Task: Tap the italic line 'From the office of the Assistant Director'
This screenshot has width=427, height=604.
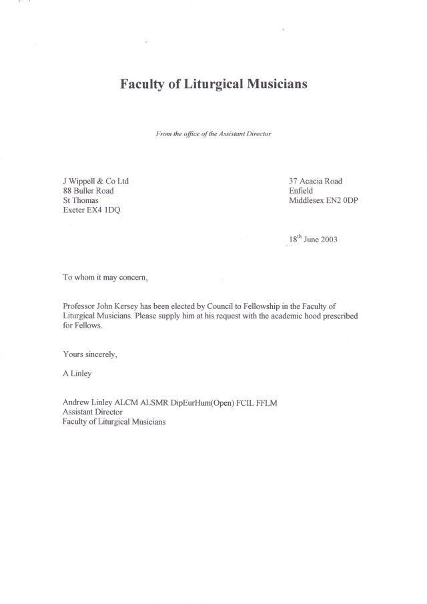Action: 213,133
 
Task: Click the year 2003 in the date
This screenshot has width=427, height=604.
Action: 326,241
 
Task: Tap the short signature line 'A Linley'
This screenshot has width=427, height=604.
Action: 78,373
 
